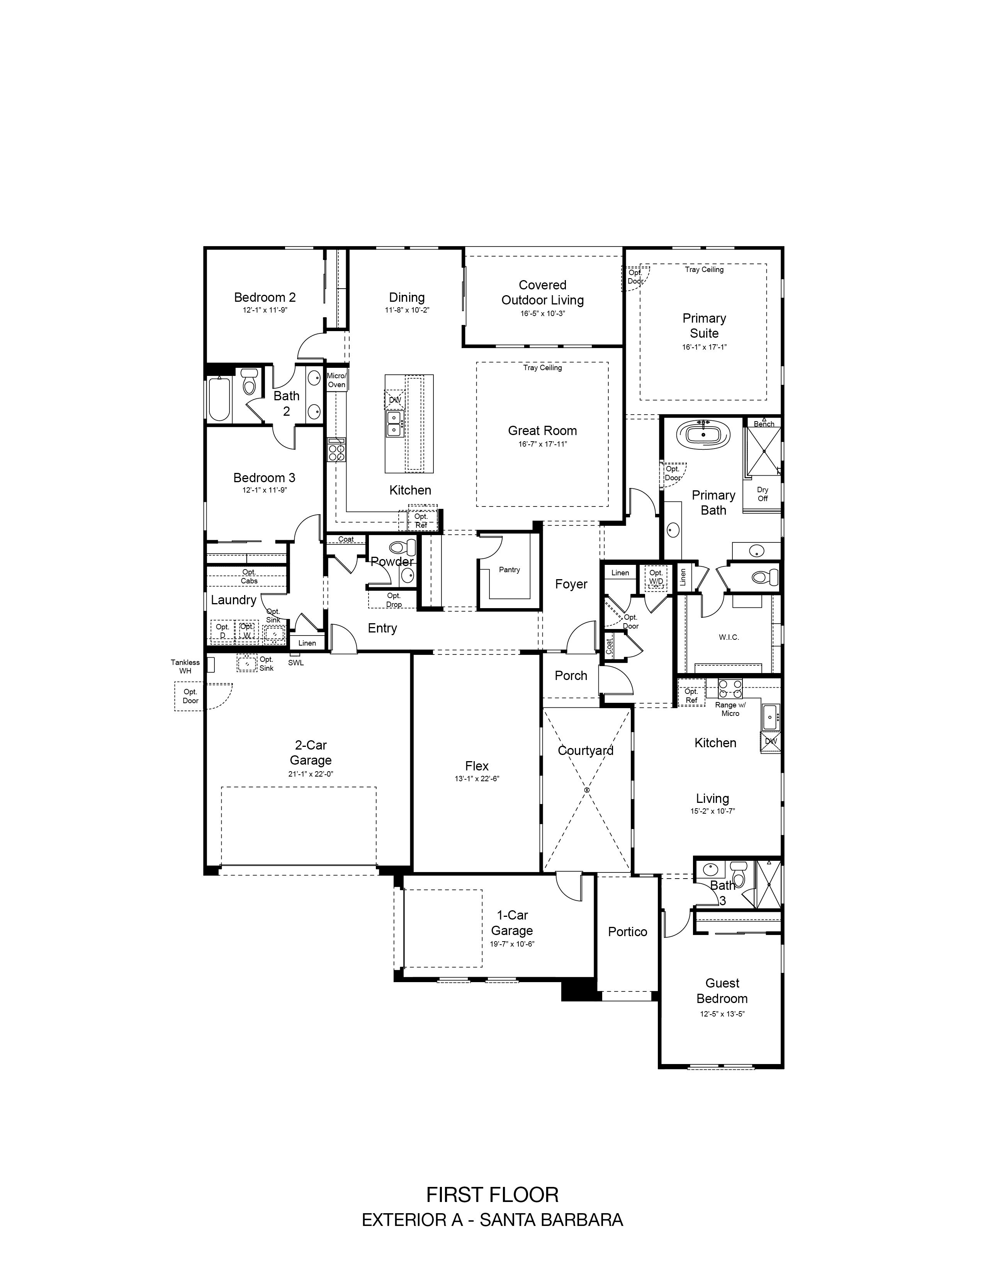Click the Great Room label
click(x=542, y=431)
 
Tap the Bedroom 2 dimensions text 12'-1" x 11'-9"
click(x=265, y=310)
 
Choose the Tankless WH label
click(x=185, y=667)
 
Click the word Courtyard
click(x=585, y=751)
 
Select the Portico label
click(x=627, y=932)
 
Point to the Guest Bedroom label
click(x=722, y=991)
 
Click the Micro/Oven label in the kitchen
click(x=336, y=380)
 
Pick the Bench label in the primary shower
click(x=764, y=424)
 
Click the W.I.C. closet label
click(x=729, y=637)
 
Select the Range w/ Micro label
click(x=730, y=709)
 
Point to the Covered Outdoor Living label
click(x=542, y=292)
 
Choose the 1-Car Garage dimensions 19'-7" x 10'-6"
click(x=512, y=944)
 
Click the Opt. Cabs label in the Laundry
click(x=249, y=576)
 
